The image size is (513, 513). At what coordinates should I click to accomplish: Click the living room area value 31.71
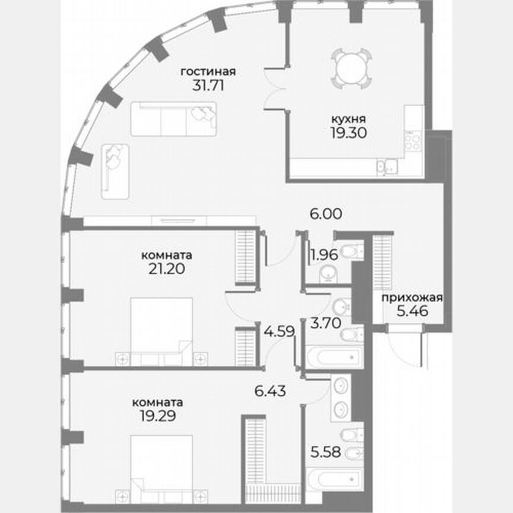[208, 84]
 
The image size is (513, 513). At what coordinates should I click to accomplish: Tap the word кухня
[349, 119]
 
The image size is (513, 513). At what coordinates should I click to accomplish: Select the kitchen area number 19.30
[349, 132]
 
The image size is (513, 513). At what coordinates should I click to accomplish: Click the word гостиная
[208, 72]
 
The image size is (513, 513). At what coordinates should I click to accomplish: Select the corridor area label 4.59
[278, 331]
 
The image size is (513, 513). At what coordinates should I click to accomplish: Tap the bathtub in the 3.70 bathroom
[332, 356]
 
